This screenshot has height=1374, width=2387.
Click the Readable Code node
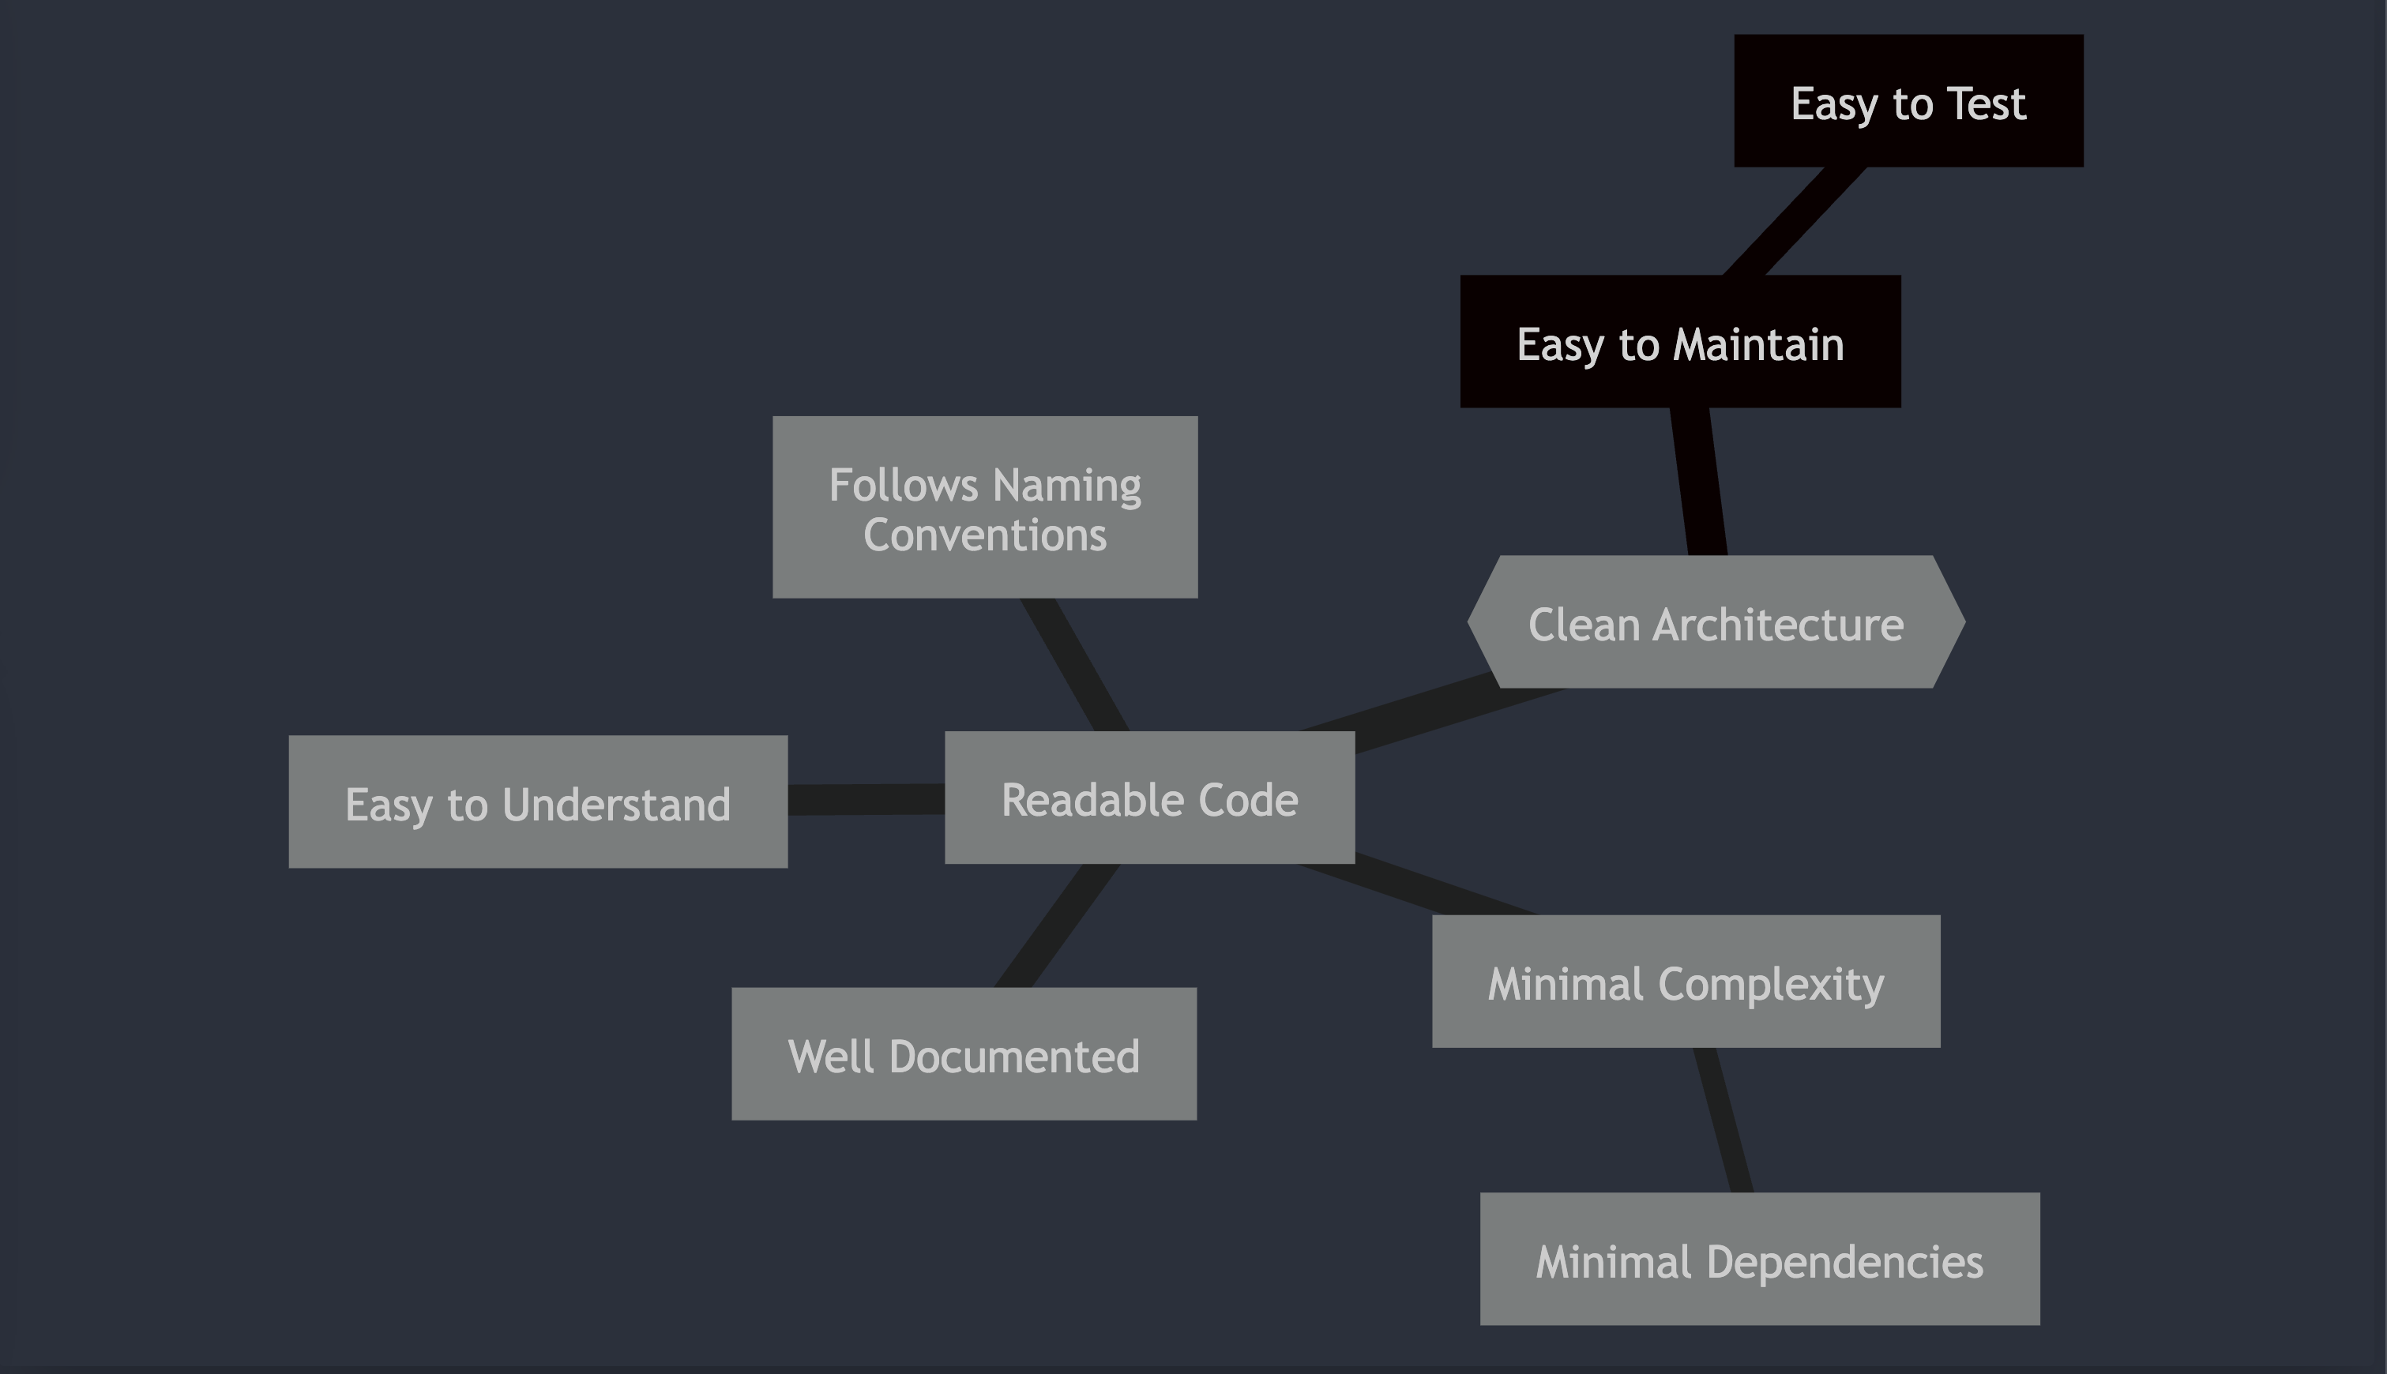click(1149, 798)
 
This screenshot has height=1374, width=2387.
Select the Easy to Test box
click(1908, 101)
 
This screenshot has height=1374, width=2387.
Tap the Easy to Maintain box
click(1680, 342)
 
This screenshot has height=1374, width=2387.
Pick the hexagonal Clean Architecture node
click(1716, 622)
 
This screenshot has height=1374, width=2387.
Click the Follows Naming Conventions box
click(984, 507)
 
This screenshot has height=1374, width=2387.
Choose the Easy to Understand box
click(538, 802)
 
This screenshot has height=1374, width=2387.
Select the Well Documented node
click(964, 1054)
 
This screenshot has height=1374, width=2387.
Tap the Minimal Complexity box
click(1686, 982)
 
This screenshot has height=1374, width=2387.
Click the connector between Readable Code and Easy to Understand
click(866, 799)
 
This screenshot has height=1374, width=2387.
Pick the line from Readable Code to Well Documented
click(1057, 925)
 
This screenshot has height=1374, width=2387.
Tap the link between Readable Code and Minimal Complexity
click(1415, 889)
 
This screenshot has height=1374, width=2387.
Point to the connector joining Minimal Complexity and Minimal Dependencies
click(1723, 1121)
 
